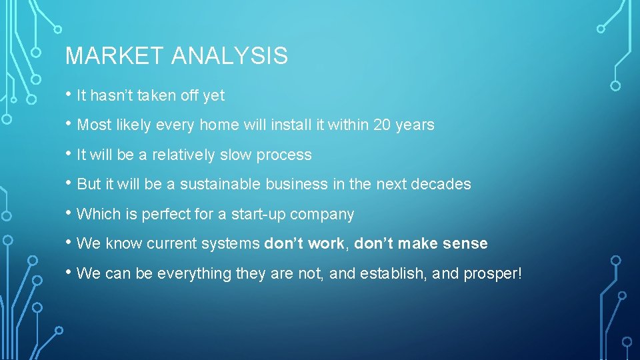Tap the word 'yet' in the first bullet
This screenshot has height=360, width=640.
tap(214, 95)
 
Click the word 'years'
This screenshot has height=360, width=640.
tap(415, 125)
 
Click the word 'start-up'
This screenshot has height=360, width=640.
tap(265, 214)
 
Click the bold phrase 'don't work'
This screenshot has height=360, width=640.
tap(304, 243)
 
